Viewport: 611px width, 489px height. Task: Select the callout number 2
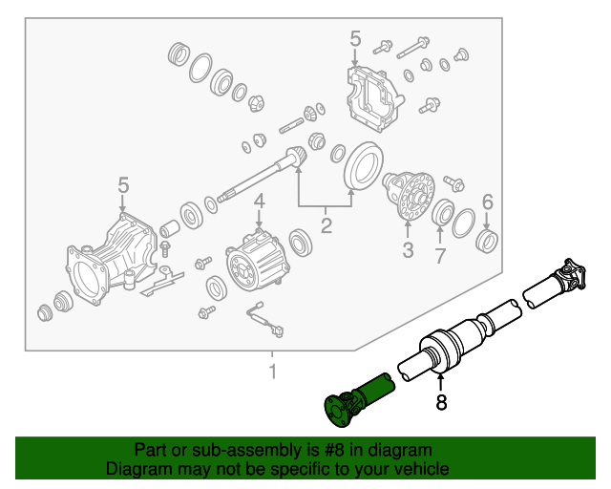(x=326, y=226)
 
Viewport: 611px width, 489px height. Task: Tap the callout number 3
(x=408, y=251)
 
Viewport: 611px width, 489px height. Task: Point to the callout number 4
(x=259, y=202)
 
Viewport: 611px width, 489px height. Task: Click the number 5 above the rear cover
(x=355, y=39)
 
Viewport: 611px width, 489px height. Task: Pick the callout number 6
(x=487, y=202)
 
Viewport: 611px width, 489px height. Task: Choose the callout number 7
(x=440, y=255)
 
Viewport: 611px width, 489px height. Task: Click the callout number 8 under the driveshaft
(x=441, y=403)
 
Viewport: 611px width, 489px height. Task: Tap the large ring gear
(x=361, y=166)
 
